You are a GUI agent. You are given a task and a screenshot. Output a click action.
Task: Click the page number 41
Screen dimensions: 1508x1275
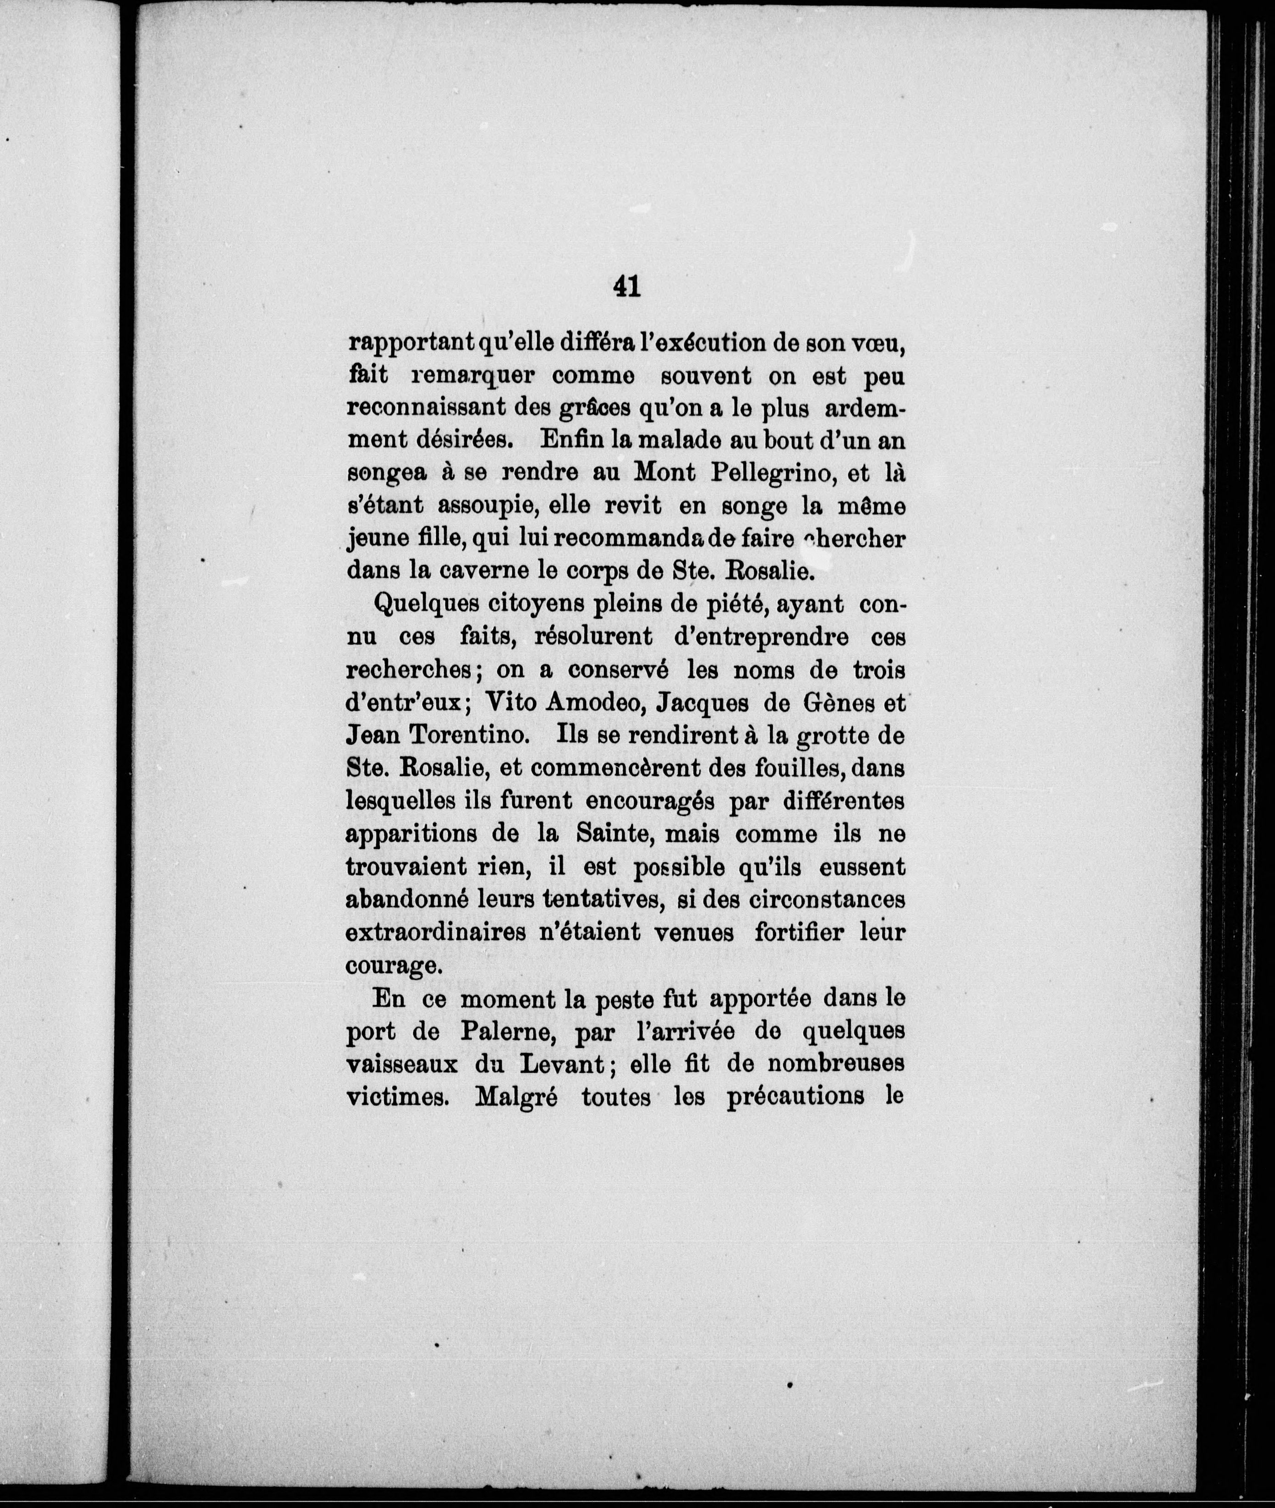click(626, 287)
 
